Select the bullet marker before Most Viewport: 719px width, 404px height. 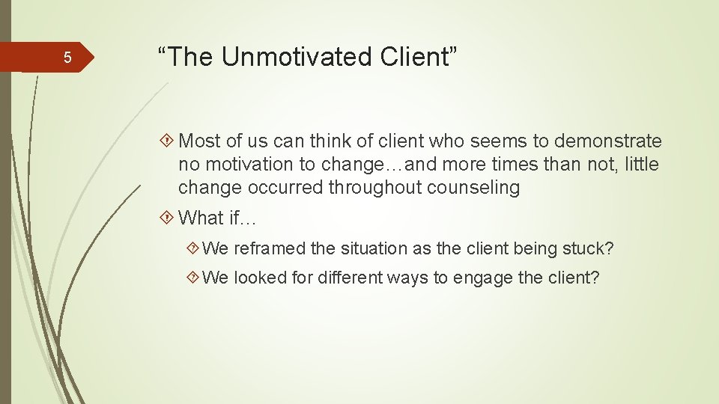point(166,141)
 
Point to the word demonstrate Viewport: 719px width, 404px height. point(607,141)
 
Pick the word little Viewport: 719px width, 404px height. point(641,165)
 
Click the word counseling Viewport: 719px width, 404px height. point(473,188)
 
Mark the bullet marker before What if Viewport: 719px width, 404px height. point(166,218)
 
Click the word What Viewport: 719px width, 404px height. point(201,218)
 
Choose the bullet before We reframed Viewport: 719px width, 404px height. point(195,248)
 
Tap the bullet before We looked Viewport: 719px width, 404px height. point(195,278)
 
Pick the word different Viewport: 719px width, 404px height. point(349,278)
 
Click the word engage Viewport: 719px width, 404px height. point(482,278)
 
